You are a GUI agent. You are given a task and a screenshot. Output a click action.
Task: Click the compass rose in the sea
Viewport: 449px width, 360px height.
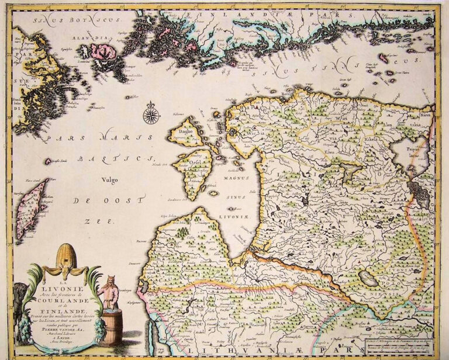[151, 113]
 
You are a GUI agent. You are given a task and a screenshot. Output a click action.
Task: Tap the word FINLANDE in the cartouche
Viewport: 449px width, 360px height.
[58, 304]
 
